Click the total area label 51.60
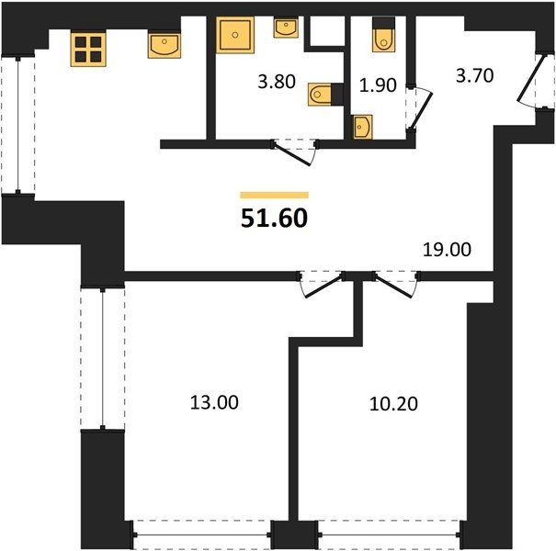[274, 218]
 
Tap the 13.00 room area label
[214, 402]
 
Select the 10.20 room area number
[393, 403]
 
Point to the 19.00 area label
[447, 250]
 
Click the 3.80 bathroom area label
[277, 82]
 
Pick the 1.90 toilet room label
[378, 85]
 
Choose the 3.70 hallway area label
[474, 76]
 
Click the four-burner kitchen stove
[88, 49]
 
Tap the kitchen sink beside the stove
[165, 45]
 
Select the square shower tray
[235, 35]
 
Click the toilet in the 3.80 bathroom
[325, 95]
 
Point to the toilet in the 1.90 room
[383, 34]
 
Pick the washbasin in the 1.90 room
[363, 127]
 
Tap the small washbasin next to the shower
[286, 28]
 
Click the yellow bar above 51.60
[274, 195]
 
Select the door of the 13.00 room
[323, 286]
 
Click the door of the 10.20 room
[394, 287]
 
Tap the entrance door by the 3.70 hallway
[530, 80]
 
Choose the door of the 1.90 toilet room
[421, 108]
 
